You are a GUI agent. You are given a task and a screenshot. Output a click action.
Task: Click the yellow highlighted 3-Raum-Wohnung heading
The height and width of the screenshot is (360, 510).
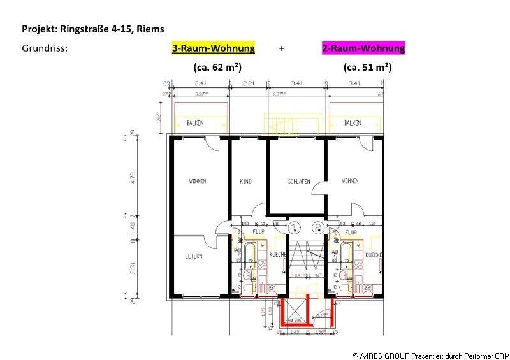coord(214,48)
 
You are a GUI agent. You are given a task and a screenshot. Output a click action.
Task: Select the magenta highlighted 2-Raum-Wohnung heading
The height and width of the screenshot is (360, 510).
coord(363,48)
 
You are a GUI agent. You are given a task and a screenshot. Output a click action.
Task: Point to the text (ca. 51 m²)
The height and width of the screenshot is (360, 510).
coord(367,66)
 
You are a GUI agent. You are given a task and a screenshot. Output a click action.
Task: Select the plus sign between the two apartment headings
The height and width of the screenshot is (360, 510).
coord(281,48)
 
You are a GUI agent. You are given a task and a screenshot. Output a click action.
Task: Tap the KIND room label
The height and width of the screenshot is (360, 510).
coord(245,182)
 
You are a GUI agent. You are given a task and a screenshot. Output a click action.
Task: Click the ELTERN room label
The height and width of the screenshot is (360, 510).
coord(194,256)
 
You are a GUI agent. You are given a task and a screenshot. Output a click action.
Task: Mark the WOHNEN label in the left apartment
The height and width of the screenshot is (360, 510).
coord(198,182)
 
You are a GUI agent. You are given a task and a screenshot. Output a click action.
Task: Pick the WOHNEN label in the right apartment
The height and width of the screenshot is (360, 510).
coord(350,182)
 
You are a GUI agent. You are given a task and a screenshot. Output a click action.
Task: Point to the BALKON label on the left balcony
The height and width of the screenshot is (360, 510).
coord(194,123)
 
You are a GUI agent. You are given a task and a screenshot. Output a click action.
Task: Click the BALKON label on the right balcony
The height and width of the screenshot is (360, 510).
coord(353,123)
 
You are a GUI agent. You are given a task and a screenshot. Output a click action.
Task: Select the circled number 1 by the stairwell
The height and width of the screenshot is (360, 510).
coord(293,226)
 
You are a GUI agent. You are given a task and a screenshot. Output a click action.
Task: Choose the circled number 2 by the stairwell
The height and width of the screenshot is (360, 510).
coord(317,226)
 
